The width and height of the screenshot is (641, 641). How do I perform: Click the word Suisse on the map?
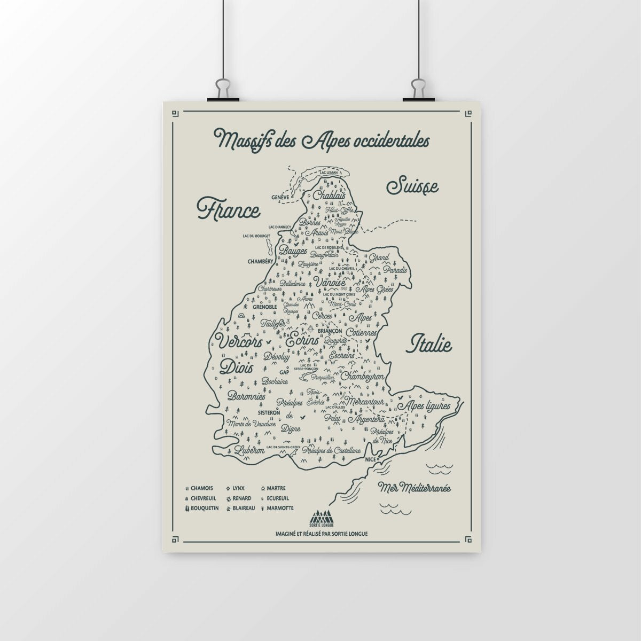click(412, 186)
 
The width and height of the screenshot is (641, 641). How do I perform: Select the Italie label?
click(430, 345)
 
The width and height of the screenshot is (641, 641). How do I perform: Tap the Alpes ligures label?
click(429, 406)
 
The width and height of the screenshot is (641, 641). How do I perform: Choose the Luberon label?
click(245, 450)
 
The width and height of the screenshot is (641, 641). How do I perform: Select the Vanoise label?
click(330, 282)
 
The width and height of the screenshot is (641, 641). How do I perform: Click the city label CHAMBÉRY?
click(261, 261)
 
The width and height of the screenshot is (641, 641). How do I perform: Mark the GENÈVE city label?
click(280, 197)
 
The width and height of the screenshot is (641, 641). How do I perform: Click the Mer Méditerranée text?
click(415, 487)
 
